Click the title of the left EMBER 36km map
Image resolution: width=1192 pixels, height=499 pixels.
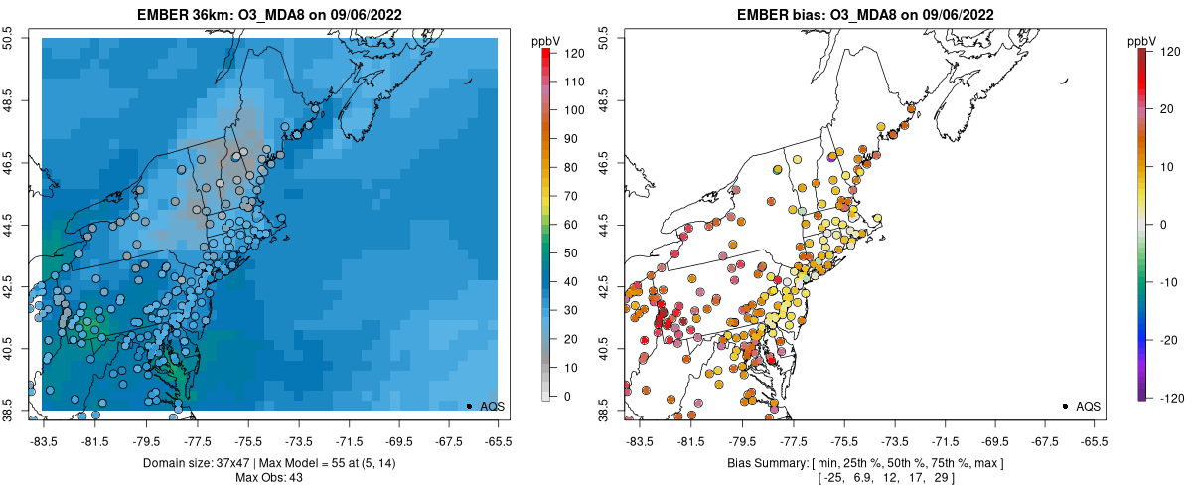pyautogui.click(x=270, y=13)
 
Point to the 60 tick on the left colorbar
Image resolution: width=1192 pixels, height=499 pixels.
pyautogui.click(x=560, y=226)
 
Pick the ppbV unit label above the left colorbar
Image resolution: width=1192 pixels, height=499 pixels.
pyautogui.click(x=547, y=41)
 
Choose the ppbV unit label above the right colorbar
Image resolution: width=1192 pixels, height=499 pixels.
pyautogui.click(x=1143, y=41)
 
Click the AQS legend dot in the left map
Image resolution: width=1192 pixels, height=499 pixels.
pyautogui.click(x=469, y=406)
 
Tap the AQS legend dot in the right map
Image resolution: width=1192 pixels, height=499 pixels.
pyautogui.click(x=1065, y=406)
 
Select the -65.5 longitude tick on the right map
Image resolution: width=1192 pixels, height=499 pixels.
pyautogui.click(x=1094, y=440)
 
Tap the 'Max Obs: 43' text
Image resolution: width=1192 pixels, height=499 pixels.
pyautogui.click(x=270, y=478)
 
